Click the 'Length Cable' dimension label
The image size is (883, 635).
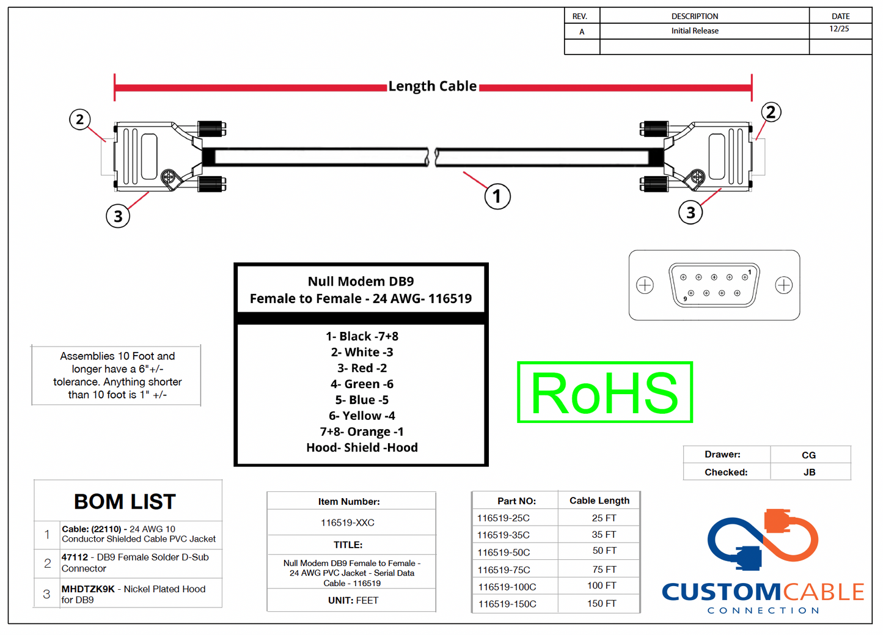pos(432,86)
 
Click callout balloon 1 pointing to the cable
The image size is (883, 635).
pos(497,197)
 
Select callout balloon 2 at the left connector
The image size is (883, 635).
pos(79,119)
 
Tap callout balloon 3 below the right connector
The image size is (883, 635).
pos(691,213)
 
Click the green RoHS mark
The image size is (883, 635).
pos(604,392)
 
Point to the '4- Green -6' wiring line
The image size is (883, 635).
pos(362,384)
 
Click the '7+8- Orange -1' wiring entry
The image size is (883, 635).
pos(362,431)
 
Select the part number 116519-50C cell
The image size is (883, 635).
pos(504,552)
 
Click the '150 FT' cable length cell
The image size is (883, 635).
pos(602,603)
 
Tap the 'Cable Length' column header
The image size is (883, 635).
pos(599,501)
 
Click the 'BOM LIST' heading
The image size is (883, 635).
pos(125,502)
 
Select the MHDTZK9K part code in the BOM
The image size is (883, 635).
pos(88,589)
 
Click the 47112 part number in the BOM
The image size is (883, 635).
pos(75,557)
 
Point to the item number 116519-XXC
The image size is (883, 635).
pos(348,523)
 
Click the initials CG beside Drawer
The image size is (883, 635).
pos(808,455)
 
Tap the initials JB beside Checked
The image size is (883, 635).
pos(809,472)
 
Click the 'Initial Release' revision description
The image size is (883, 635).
pos(695,31)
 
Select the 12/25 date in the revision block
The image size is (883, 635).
pos(839,29)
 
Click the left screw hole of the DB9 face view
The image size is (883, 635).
pos(645,285)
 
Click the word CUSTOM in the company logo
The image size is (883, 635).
pos(720,592)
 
